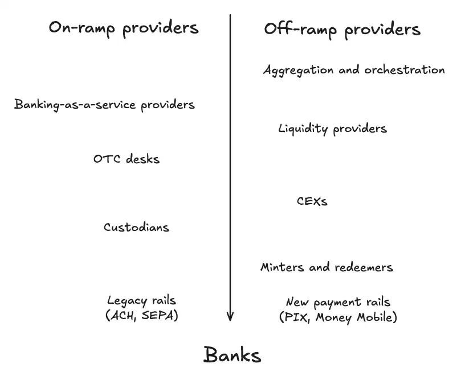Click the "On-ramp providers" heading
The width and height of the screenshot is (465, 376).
(x=124, y=28)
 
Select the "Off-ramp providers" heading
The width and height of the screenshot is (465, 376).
(x=342, y=30)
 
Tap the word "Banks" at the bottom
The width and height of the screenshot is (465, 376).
(x=232, y=355)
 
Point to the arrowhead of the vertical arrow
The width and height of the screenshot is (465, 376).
(x=230, y=316)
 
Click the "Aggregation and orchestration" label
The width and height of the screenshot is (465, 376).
(x=354, y=70)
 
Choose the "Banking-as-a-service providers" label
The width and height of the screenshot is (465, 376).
(x=104, y=105)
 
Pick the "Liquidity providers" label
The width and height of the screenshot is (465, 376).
(x=332, y=129)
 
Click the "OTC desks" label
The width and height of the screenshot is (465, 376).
(x=127, y=159)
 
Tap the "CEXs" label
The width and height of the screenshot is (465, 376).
(x=312, y=201)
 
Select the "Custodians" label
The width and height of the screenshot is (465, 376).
(x=136, y=228)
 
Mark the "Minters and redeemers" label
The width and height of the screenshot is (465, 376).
(x=327, y=267)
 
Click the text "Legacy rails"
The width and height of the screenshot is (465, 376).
(x=141, y=300)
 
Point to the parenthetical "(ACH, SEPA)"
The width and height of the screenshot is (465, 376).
(x=142, y=316)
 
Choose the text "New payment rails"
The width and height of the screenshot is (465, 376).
(x=338, y=303)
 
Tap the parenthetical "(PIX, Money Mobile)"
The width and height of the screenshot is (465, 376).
(x=338, y=317)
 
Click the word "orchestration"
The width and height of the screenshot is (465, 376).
(x=404, y=70)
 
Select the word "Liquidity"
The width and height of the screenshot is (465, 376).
(x=303, y=129)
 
